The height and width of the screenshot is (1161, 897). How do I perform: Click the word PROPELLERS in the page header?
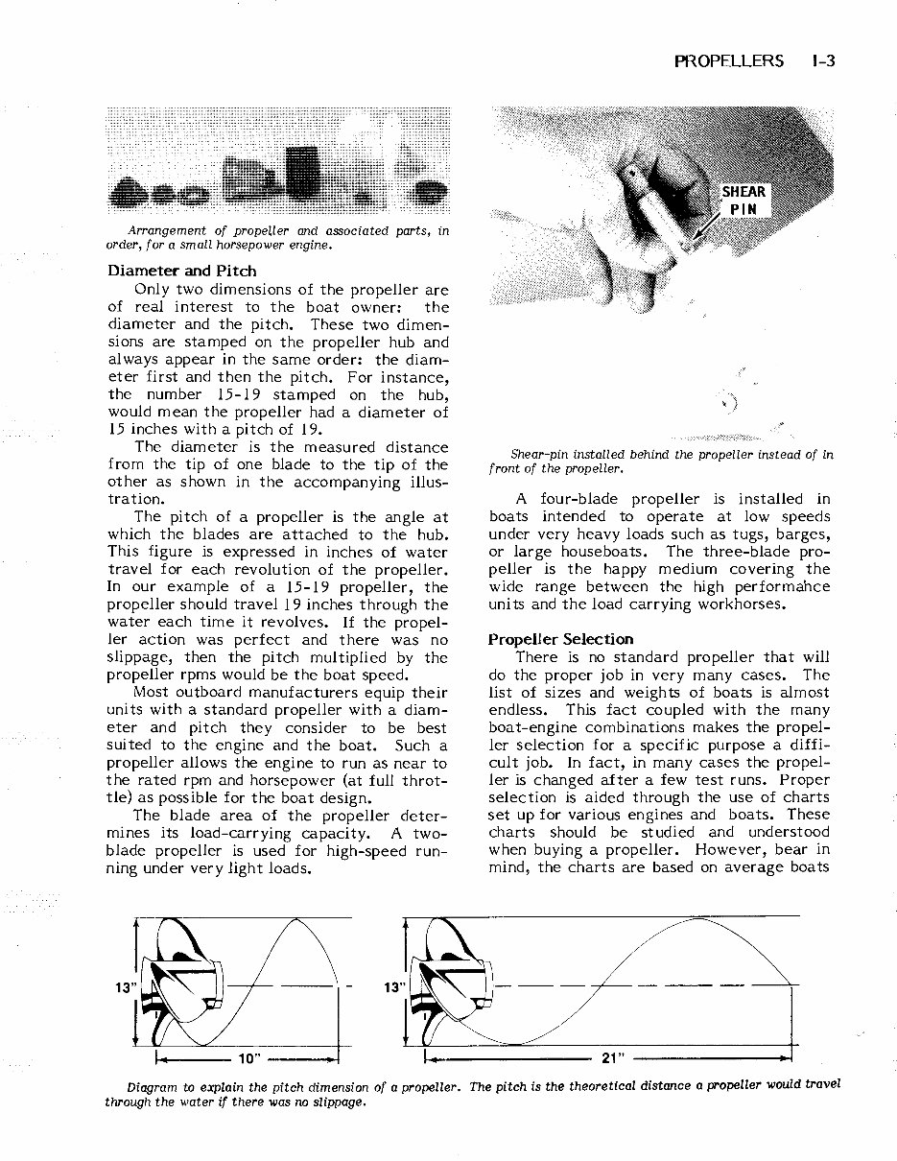(729, 61)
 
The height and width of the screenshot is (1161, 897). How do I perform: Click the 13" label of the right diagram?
(393, 986)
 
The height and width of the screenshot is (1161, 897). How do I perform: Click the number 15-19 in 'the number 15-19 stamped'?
(245, 394)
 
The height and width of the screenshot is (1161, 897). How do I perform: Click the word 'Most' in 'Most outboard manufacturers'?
(152, 693)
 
